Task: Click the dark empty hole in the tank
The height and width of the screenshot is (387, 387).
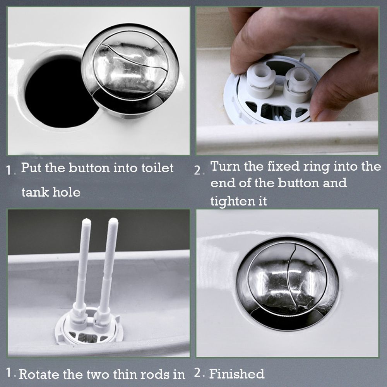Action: click(58, 93)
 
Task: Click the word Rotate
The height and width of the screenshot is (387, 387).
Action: click(41, 375)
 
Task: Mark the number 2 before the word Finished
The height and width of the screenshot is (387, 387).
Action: click(198, 373)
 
